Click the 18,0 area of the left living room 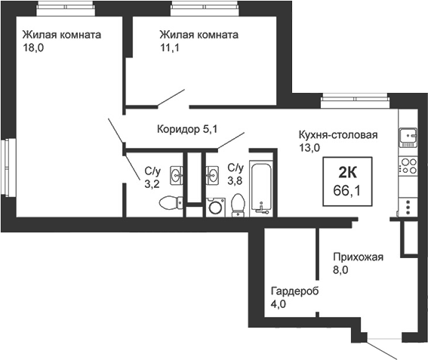pyautogui.click(x=33, y=48)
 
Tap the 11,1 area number pyautogui.click(x=170, y=48)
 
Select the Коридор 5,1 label pyautogui.click(x=187, y=129)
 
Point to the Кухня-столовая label pyautogui.click(x=338, y=134)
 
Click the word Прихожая pyautogui.click(x=358, y=257)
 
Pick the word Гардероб pyautogui.click(x=294, y=291)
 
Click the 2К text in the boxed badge pyautogui.click(x=347, y=172)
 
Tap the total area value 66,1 pyautogui.click(x=347, y=190)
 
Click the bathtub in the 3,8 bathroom pyautogui.click(x=261, y=189)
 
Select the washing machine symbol pyautogui.click(x=216, y=208)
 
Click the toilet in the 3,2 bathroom pyautogui.click(x=171, y=202)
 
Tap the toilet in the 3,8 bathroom pyautogui.click(x=238, y=205)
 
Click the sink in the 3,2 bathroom pyautogui.click(x=177, y=175)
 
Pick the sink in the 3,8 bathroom pyautogui.click(x=212, y=175)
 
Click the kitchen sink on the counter pyautogui.click(x=408, y=137)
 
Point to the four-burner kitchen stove pyautogui.click(x=408, y=166)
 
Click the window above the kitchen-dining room pyautogui.click(x=355, y=100)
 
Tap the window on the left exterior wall pyautogui.click(x=8, y=167)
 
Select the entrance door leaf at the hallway pyautogui.click(x=382, y=349)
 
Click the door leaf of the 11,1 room pyautogui.click(x=171, y=97)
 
